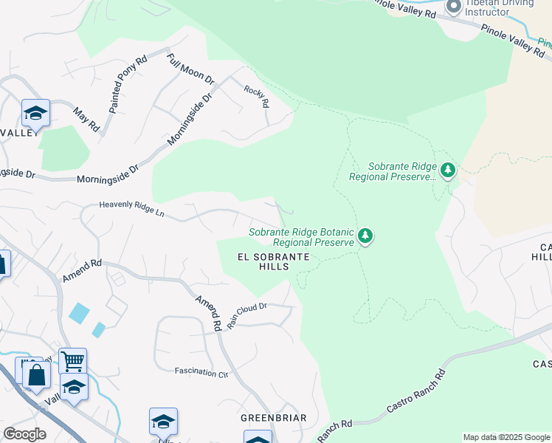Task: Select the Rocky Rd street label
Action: [x=256, y=95]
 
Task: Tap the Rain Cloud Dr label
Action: [x=246, y=315]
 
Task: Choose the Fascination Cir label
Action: [x=201, y=372]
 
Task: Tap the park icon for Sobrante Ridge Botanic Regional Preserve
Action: [x=365, y=236]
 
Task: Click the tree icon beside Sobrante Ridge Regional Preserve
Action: [x=447, y=171]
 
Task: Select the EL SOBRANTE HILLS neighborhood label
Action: [x=272, y=261]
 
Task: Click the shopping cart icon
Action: [x=73, y=361]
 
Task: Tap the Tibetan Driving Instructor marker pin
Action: [x=453, y=6]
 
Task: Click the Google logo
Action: [x=24, y=434]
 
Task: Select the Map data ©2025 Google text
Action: [x=506, y=437]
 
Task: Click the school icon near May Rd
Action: [x=35, y=113]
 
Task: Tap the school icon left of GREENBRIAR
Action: [x=163, y=421]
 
